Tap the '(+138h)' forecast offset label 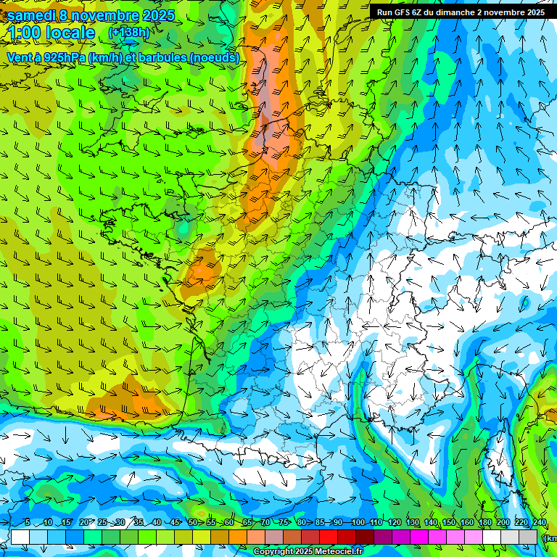coord(129,33)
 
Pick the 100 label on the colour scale coord(358,523)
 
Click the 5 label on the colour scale coord(27,523)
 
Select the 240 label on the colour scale coord(539,523)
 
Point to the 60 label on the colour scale coord(228,523)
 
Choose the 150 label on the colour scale coord(449,523)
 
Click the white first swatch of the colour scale coord(20,537)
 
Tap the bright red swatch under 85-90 coord(329,537)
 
